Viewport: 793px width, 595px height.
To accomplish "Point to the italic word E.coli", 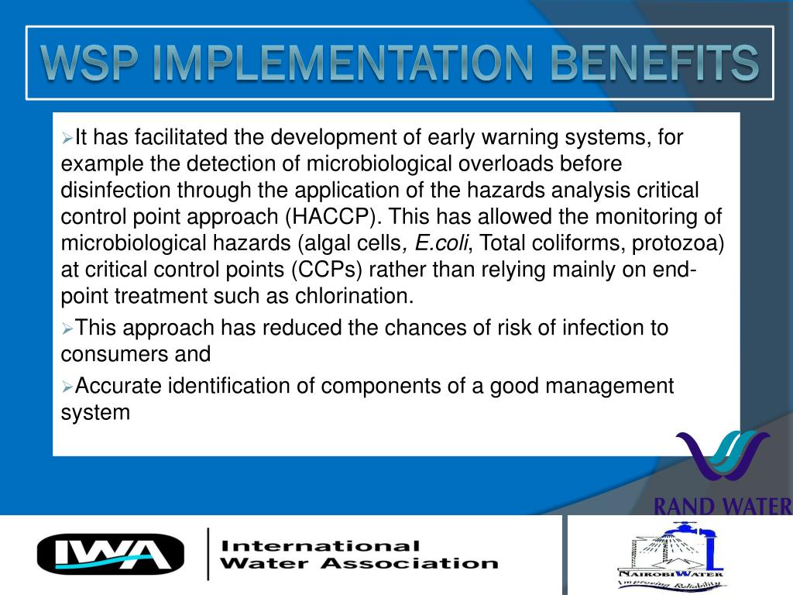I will click(x=441, y=243).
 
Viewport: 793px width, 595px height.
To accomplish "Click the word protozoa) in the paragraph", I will click(x=678, y=243).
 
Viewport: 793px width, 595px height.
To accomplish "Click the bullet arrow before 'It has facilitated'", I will click(x=67, y=139).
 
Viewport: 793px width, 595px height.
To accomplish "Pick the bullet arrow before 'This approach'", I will click(x=67, y=328).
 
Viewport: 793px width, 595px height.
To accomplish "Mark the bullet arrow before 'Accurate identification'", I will click(x=67, y=386).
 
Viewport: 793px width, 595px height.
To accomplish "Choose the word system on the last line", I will click(x=95, y=411).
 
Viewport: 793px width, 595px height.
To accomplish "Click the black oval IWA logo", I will click(x=111, y=554).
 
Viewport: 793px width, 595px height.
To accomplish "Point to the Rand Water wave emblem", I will click(x=721, y=462).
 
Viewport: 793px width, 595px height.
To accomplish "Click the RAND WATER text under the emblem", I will click(x=723, y=507).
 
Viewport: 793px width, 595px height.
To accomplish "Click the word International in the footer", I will click(x=321, y=546).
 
